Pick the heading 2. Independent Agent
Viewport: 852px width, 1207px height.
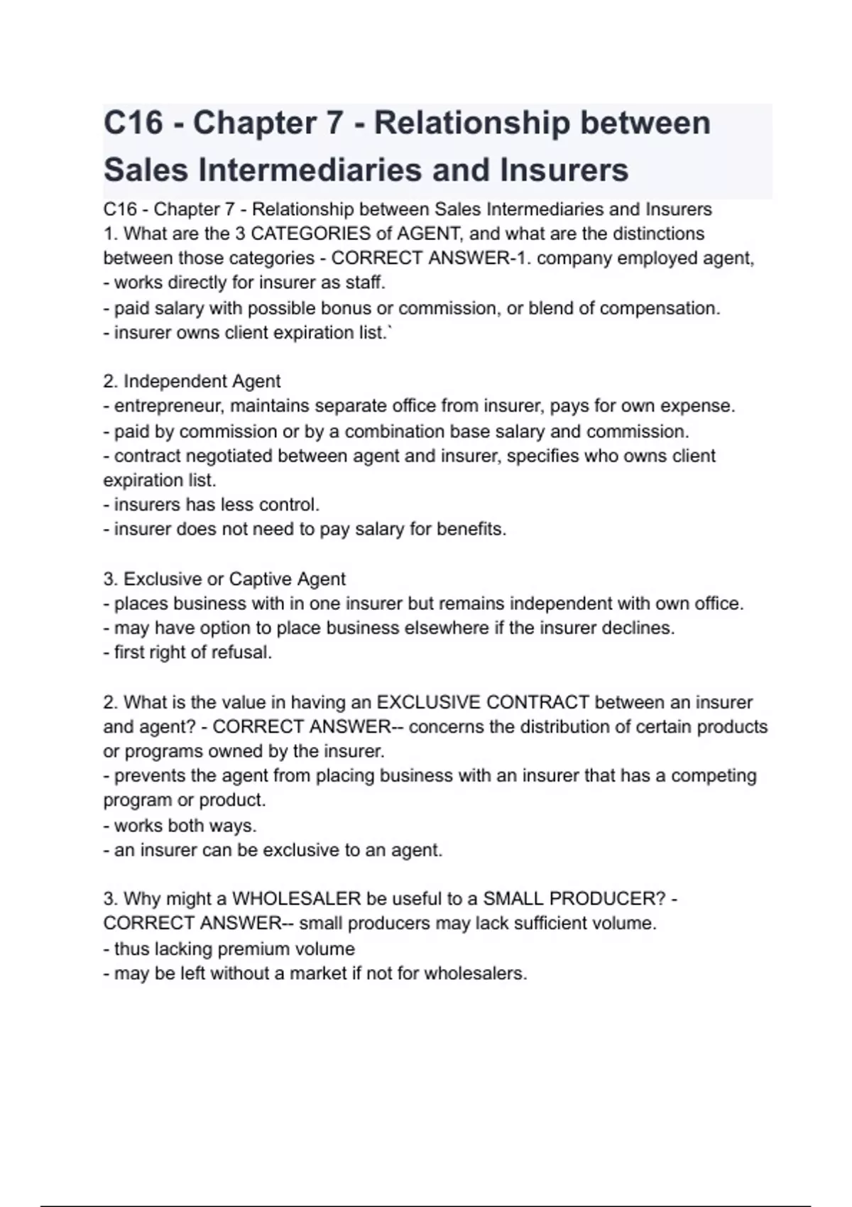(x=192, y=381)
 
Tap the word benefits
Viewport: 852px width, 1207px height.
(x=471, y=529)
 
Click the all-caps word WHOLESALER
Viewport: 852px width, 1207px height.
(x=297, y=899)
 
